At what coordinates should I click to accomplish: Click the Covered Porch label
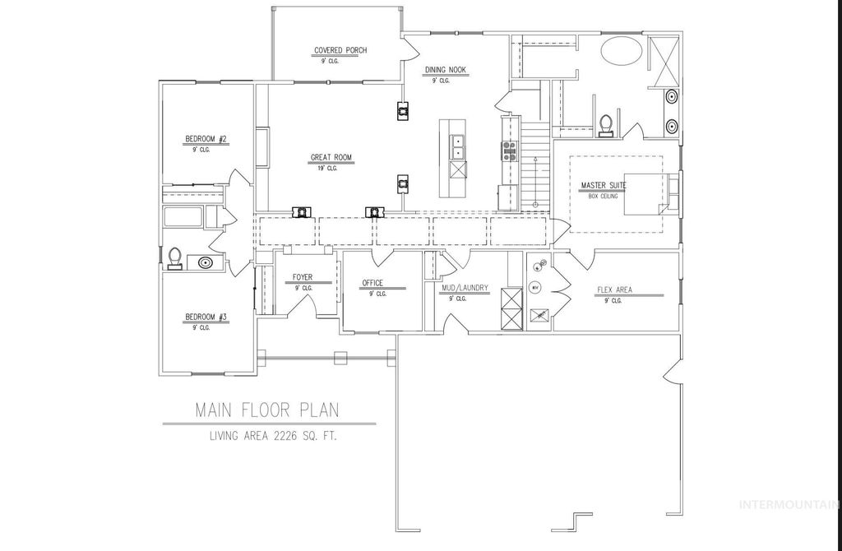[340, 50]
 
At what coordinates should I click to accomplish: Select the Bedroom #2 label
[205, 138]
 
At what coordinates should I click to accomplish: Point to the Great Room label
[331, 157]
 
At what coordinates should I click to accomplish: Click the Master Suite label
[603, 185]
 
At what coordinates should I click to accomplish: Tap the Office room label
[372, 283]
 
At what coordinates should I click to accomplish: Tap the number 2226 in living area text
[295, 436]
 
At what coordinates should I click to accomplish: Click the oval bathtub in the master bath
[622, 50]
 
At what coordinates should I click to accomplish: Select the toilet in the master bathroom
[607, 124]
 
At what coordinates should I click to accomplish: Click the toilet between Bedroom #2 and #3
[173, 259]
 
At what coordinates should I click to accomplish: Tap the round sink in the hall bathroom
[205, 263]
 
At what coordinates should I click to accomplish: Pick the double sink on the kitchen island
[456, 147]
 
